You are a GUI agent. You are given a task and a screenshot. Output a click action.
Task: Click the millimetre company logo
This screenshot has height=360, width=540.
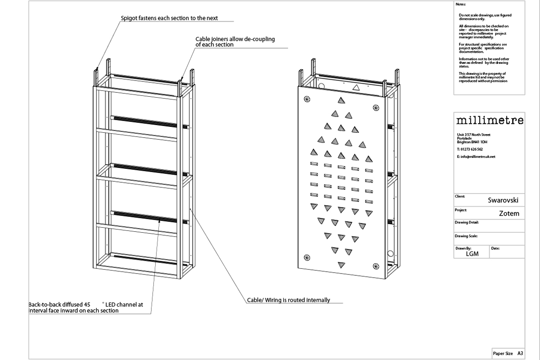point(490,121)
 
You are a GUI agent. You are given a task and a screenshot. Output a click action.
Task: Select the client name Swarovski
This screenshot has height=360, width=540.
point(503,201)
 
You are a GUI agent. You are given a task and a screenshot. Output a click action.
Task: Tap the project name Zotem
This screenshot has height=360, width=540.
point(509,214)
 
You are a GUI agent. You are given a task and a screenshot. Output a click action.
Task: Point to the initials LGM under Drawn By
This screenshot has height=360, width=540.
point(472,254)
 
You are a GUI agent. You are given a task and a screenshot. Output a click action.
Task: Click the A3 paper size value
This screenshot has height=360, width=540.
point(520,354)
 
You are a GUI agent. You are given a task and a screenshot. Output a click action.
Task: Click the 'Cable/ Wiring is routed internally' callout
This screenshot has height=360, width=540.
point(288,300)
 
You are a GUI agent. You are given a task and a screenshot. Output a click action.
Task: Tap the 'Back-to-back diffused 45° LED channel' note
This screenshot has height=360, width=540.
point(85,307)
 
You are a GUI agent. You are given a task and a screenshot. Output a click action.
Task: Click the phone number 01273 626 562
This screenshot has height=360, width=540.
point(470,149)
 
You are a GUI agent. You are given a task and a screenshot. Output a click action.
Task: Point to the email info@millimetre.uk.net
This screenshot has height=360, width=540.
point(476,157)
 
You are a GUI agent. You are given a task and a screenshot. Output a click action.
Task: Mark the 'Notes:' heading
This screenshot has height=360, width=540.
point(460,4)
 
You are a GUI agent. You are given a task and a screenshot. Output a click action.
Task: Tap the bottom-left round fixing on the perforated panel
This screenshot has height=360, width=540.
point(307,258)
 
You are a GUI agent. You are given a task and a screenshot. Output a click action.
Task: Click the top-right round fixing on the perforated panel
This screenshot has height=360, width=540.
point(376,107)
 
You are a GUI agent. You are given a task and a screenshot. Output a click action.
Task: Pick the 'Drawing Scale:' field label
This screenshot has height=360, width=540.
point(466,236)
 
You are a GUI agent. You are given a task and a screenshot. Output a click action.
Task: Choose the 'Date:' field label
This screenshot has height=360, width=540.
point(495,248)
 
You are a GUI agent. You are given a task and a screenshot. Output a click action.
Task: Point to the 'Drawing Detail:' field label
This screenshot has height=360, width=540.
point(467,222)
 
